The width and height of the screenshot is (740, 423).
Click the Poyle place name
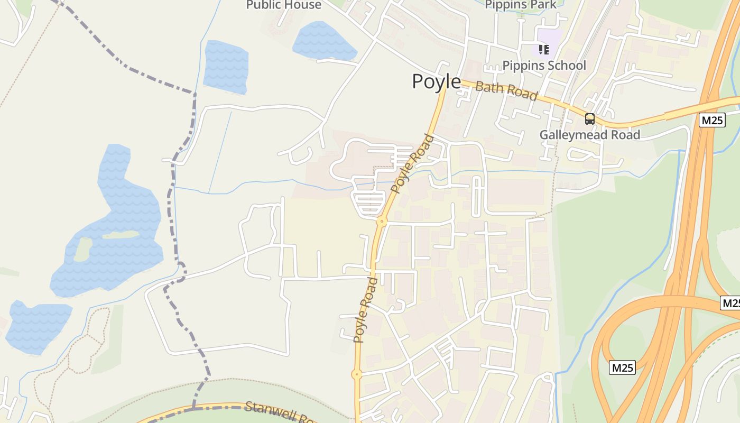[436, 81]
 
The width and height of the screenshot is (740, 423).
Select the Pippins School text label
[544, 66]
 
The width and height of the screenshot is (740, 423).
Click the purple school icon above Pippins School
[544, 50]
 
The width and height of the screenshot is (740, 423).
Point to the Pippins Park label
[521, 5]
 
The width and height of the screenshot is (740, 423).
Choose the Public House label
[284, 5]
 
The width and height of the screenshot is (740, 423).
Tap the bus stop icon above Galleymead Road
[589, 119]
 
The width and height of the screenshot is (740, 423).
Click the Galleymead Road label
[589, 135]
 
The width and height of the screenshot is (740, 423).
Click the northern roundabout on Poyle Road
[382, 221]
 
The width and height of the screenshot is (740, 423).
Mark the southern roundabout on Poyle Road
[357, 375]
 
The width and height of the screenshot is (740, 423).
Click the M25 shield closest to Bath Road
[712, 121]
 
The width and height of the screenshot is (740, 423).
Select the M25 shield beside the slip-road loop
[622, 367]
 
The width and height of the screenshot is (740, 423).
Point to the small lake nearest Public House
[323, 41]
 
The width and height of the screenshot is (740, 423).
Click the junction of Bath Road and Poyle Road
[446, 84]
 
